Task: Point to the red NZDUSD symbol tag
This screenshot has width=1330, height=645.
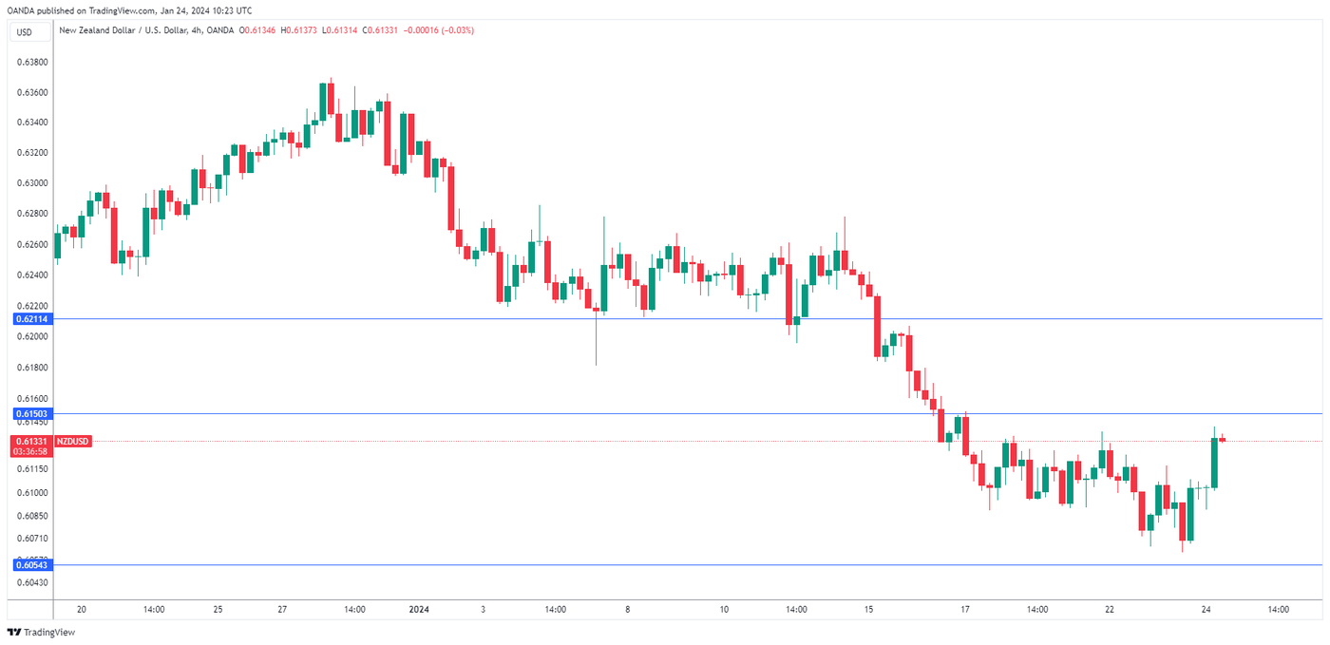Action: click(73, 441)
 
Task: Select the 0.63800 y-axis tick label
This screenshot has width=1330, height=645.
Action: click(32, 62)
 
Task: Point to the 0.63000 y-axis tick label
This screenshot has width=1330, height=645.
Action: click(32, 182)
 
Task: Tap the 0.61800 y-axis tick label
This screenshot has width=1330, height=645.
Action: click(32, 367)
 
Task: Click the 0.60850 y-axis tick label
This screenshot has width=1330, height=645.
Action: click(32, 516)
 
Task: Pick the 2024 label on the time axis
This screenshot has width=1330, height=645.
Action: click(419, 609)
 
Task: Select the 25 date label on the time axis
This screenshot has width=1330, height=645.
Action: click(218, 609)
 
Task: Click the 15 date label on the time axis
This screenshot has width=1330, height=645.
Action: click(869, 609)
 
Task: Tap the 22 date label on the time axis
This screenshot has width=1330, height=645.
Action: click(1109, 609)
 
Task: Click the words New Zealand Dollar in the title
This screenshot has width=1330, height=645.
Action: click(95, 30)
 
